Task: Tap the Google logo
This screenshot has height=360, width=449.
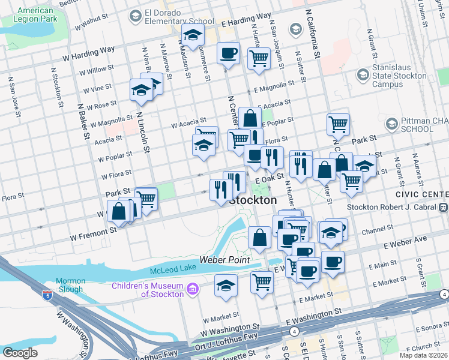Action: click(x=20, y=353)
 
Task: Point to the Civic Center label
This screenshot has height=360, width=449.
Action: click(x=422, y=195)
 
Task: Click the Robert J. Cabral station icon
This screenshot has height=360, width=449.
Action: click(x=443, y=208)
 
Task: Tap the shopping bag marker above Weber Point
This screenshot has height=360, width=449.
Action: click(x=259, y=238)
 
